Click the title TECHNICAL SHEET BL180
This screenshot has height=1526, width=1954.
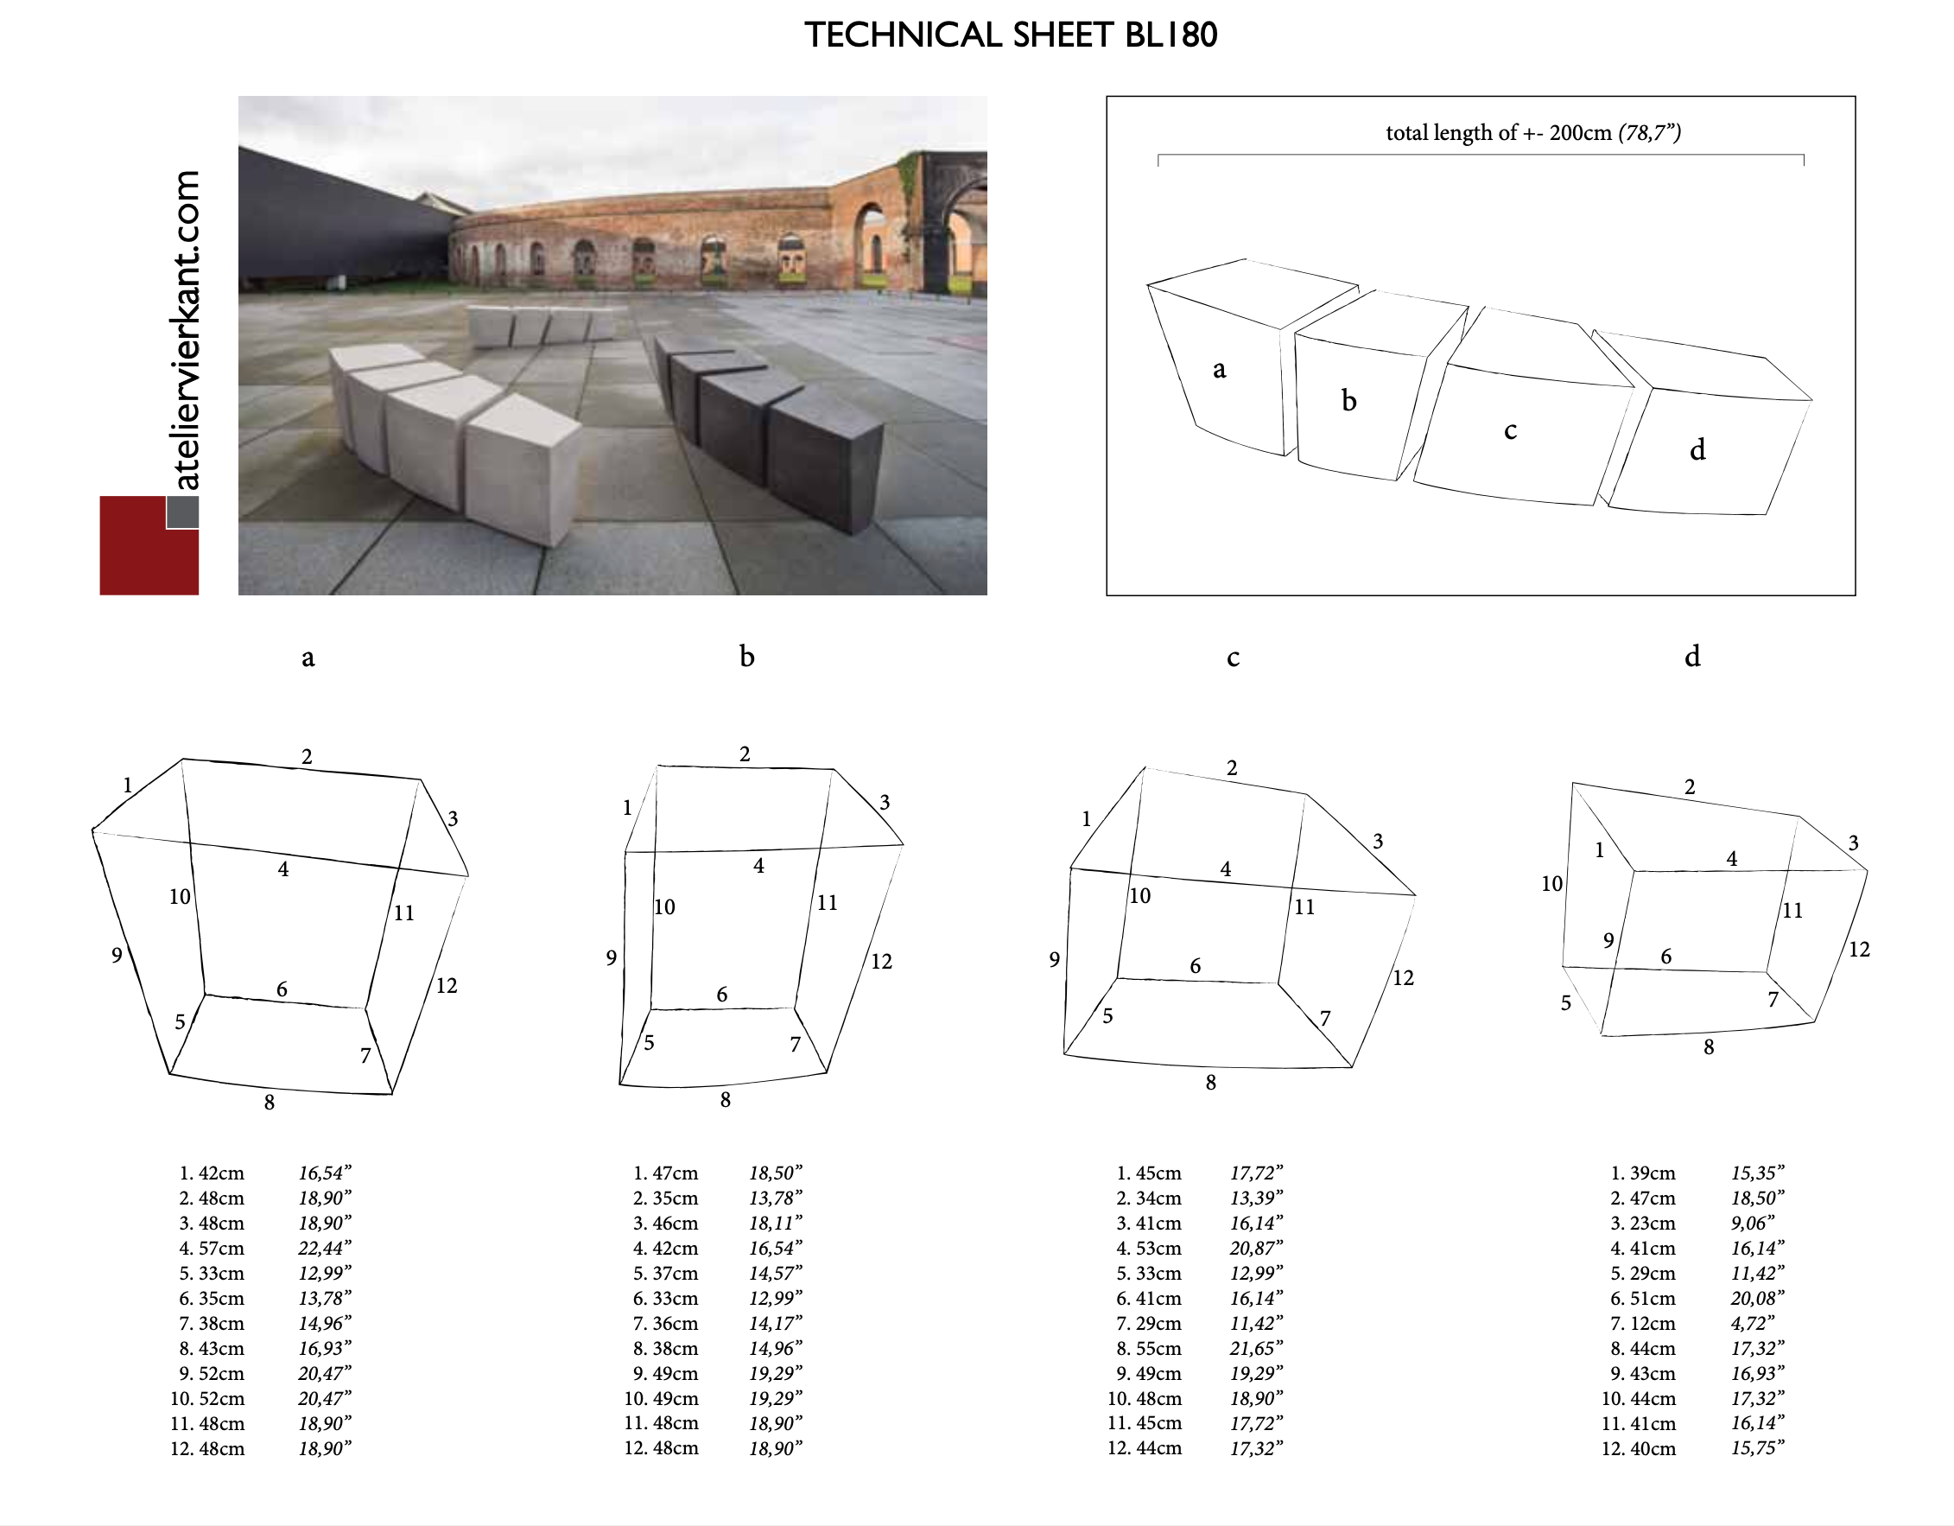point(1011,35)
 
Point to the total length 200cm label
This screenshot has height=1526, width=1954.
point(1533,132)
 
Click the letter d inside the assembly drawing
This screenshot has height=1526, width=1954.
point(1697,449)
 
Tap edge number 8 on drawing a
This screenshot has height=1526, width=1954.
point(270,1103)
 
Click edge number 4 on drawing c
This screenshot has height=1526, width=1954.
point(1226,869)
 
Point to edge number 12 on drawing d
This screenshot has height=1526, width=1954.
point(1859,950)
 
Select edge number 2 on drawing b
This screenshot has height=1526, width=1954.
point(745,754)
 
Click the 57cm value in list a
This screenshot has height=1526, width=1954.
point(221,1248)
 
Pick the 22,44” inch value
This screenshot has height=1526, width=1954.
point(325,1248)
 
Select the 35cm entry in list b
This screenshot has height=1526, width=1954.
point(675,1198)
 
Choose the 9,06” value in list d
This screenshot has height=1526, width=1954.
point(1752,1223)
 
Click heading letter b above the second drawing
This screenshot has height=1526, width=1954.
point(747,656)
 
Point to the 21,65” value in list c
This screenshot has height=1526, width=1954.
point(1256,1348)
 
